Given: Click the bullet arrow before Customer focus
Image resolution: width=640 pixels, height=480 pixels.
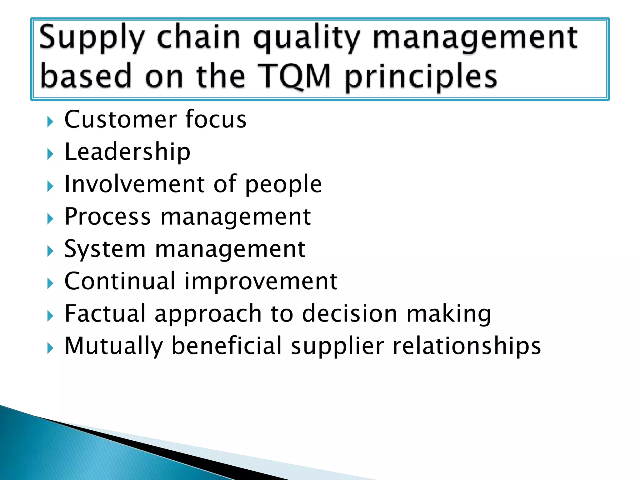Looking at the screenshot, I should (50, 121).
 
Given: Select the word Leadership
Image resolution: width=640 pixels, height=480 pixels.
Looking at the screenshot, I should (127, 152).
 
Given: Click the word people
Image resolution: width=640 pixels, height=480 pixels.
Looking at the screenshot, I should (283, 185).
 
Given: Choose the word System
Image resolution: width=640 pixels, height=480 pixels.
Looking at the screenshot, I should (105, 249).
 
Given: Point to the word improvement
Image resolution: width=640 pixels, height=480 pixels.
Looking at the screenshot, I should (261, 282).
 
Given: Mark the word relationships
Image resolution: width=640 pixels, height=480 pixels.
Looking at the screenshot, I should (467, 346).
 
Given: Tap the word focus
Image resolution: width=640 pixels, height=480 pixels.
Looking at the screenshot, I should (216, 119).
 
